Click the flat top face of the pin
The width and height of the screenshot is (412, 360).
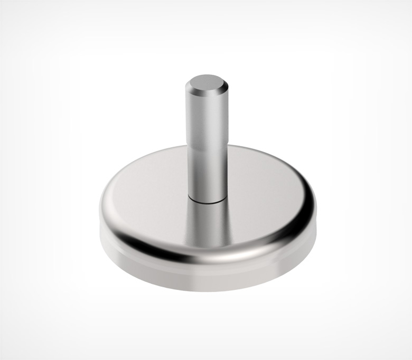[205, 84]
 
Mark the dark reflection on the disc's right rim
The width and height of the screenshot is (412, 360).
[296, 227]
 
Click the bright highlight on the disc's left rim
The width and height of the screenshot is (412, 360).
[114, 211]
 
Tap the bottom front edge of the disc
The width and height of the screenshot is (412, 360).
[206, 290]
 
